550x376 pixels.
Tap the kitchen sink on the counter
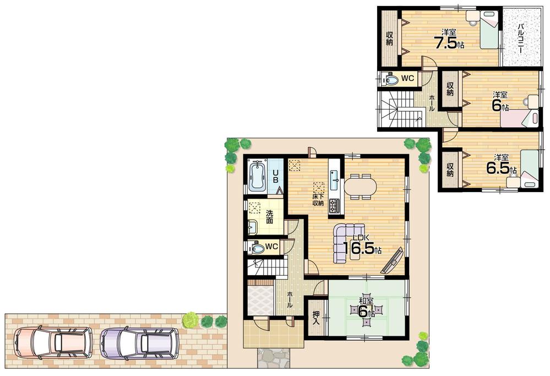click(334, 177)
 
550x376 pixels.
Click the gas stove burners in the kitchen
click(334, 206)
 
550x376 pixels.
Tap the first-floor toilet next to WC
click(257, 247)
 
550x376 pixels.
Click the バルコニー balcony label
click(520, 37)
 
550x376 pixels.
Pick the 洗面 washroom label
click(269, 216)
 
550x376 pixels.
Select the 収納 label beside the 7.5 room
click(389, 39)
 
